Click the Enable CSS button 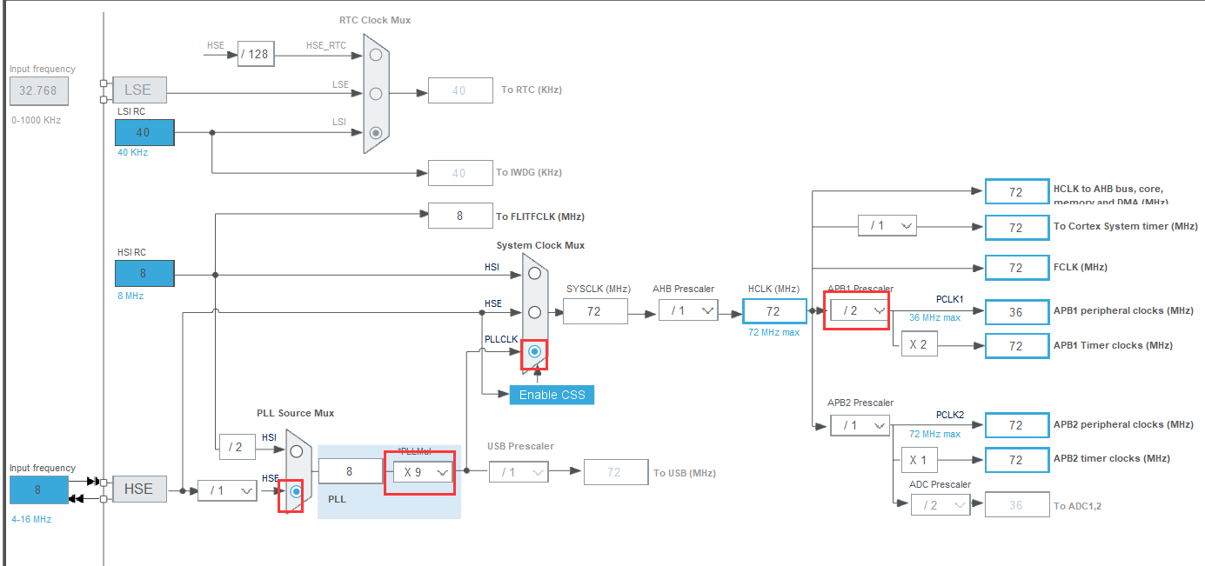click(552, 395)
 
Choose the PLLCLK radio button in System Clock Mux click(534, 351)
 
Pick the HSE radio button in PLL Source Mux click(297, 492)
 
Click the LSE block click(138, 90)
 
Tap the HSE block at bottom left click(138, 489)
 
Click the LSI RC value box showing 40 click(144, 132)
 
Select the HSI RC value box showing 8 click(144, 273)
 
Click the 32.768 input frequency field click(39, 90)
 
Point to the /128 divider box click(256, 55)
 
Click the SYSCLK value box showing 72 click(595, 310)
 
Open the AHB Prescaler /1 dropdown click(688, 310)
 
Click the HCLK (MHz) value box click(774, 310)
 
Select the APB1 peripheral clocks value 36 click(1016, 311)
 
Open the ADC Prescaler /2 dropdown click(940, 505)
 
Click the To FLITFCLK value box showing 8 click(460, 216)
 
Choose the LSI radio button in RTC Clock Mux click(376, 133)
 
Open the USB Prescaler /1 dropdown click(519, 472)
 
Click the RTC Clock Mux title click(375, 20)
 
